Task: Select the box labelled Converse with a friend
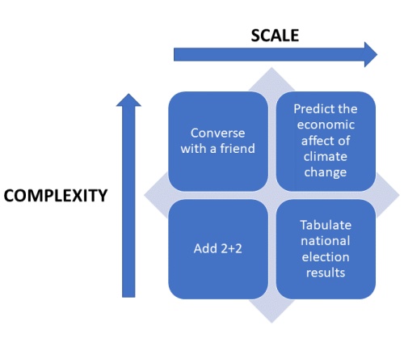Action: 217,141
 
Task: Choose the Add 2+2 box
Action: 217,248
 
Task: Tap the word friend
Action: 238,149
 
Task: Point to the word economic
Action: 325,125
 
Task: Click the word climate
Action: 325,157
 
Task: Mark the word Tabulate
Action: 325,224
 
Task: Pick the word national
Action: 325,240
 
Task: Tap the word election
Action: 325,256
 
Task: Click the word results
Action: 325,273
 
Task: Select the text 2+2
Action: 230,248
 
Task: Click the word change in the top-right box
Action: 325,172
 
